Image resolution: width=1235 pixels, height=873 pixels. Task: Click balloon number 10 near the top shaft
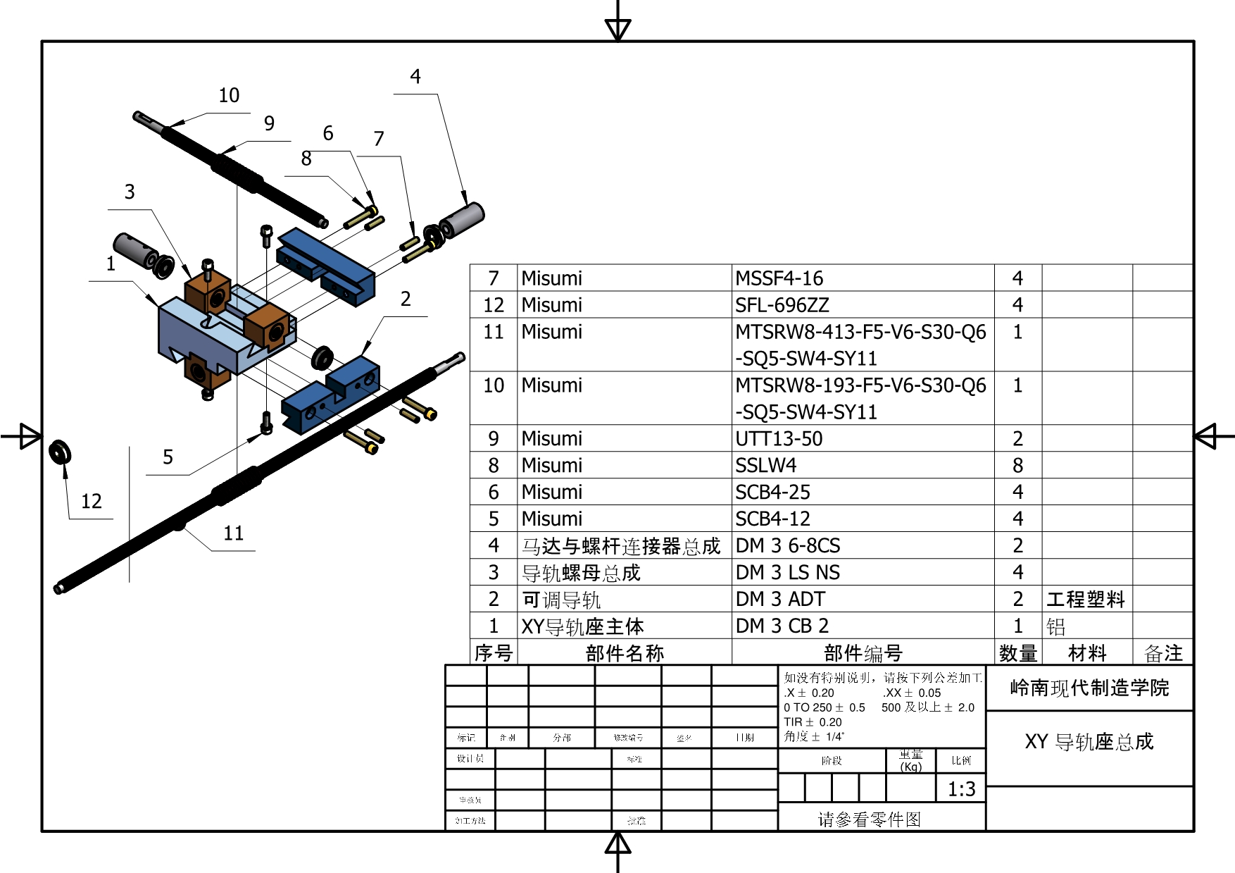pos(229,95)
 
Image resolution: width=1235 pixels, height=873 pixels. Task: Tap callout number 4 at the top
pos(415,76)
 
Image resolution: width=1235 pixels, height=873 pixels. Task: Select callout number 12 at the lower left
pos(92,501)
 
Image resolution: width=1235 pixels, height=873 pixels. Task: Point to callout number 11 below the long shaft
pos(234,533)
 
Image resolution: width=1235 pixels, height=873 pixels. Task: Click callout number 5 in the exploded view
pos(168,457)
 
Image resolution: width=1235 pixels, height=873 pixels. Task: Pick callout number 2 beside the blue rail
pos(406,299)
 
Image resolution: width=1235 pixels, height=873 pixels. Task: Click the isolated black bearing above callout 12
pos(60,451)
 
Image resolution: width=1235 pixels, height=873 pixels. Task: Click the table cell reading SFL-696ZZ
pos(782,305)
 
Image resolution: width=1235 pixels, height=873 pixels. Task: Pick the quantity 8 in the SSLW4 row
pos(1017,466)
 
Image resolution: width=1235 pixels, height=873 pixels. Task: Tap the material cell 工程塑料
pos(1086,600)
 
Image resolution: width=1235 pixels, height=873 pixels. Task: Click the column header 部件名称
pos(625,653)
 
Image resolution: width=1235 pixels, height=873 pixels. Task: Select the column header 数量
pos(1018,653)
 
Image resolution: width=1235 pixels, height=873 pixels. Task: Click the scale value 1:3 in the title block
pos(961,789)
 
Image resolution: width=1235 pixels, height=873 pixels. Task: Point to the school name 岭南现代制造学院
pos(1089,688)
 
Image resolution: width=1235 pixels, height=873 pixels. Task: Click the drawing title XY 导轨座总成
pos(1089,741)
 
